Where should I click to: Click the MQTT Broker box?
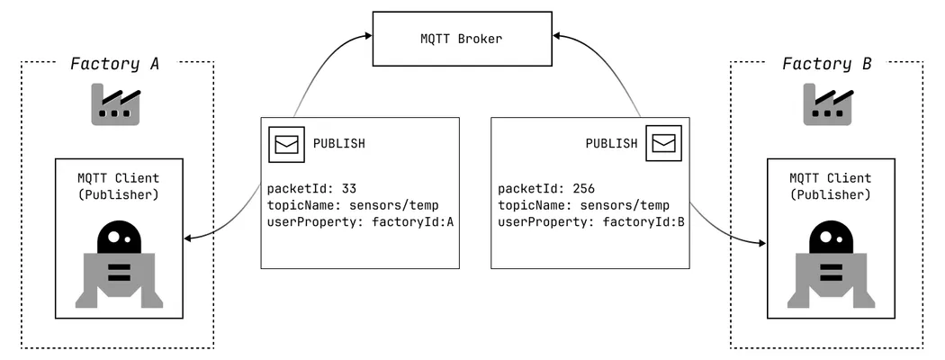pos(462,40)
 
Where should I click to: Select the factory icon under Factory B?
pos(827,105)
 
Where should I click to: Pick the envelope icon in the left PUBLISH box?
pos(285,144)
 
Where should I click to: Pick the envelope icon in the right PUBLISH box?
pos(664,144)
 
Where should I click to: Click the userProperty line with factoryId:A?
pos(359,222)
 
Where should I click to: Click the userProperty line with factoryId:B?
pos(591,222)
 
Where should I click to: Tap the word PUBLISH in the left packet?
pos(338,144)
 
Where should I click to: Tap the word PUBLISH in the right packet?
pos(612,144)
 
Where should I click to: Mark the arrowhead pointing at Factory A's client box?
pos(186,238)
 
